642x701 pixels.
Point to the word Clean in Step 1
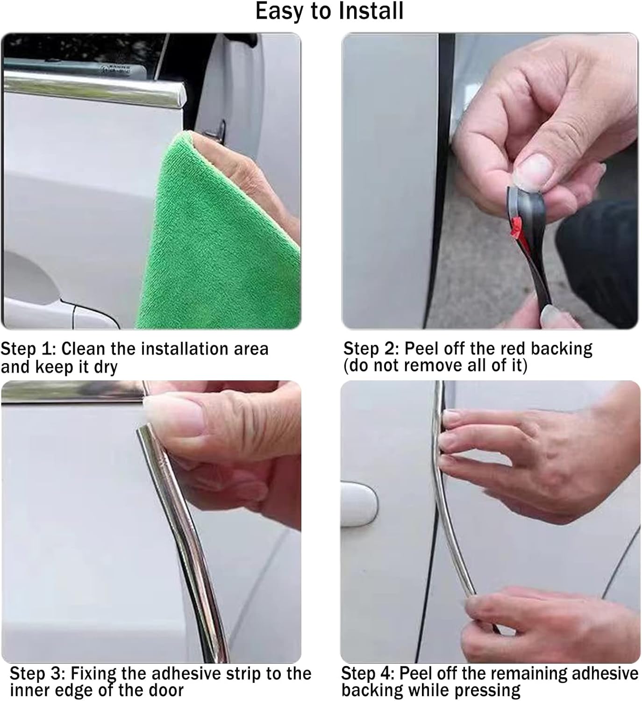pos(83,349)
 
